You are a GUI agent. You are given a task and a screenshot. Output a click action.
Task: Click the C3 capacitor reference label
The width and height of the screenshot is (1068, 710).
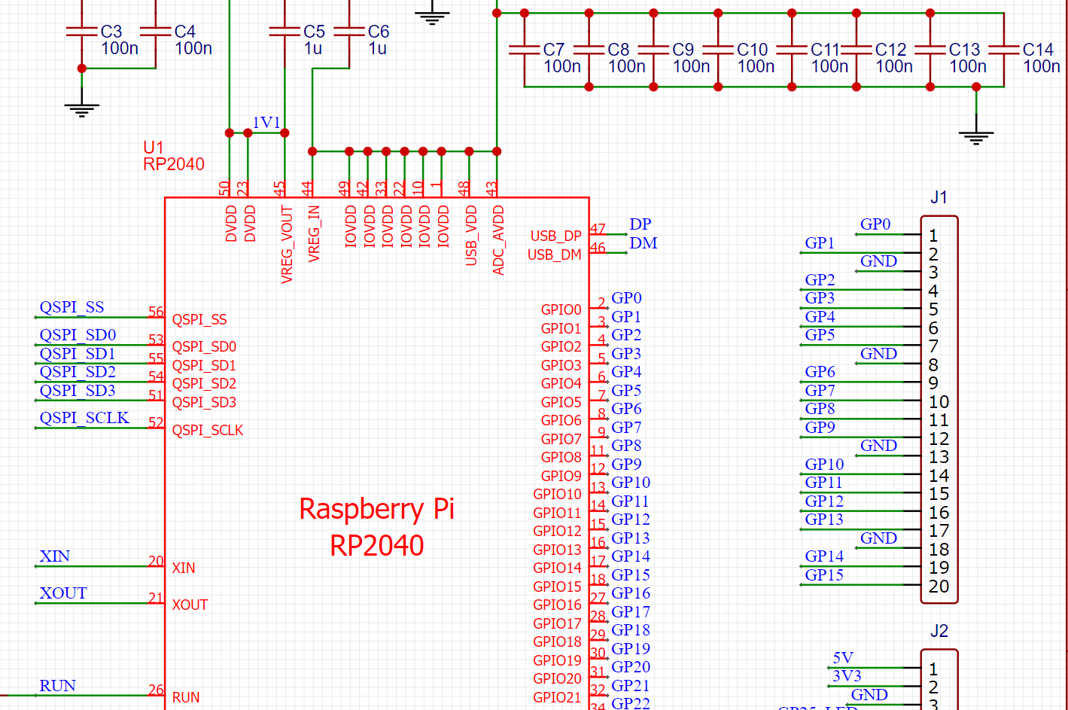tap(111, 32)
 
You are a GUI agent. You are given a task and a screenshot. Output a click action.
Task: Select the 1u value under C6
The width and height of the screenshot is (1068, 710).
tap(377, 49)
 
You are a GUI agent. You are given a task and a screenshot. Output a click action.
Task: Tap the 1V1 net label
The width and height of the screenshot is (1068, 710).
tap(266, 122)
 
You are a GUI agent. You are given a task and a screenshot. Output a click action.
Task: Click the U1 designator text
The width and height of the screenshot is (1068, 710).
tap(154, 148)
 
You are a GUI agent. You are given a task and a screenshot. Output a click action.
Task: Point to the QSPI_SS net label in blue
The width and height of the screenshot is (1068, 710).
tap(72, 307)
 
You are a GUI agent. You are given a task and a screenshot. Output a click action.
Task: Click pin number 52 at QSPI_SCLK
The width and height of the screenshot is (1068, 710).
tap(156, 422)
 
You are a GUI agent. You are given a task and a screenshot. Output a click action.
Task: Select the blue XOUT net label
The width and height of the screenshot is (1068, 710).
tap(63, 593)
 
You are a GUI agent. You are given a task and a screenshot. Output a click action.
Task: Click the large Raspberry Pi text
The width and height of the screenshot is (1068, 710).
tap(376, 509)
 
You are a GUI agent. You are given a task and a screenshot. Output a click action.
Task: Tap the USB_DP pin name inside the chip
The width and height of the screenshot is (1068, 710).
tap(555, 236)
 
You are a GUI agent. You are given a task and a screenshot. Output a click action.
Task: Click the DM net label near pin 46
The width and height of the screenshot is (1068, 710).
tap(643, 243)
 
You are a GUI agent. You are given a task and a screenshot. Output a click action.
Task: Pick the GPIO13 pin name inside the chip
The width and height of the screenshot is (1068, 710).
tap(557, 550)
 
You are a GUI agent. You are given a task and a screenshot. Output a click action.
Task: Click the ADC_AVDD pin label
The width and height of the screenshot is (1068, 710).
tap(498, 239)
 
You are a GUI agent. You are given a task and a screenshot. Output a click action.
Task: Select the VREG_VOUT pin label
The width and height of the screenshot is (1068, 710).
tap(287, 244)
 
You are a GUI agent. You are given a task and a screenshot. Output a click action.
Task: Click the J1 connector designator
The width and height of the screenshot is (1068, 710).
tap(939, 198)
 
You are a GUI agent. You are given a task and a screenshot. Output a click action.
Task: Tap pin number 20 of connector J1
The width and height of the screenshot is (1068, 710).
tap(939, 586)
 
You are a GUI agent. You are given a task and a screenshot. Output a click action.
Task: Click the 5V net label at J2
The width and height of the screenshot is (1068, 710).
tap(842, 658)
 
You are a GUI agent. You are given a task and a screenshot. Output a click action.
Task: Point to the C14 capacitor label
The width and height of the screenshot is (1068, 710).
tap(1038, 50)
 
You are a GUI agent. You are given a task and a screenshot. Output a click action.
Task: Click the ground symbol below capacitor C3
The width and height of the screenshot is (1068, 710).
tap(82, 110)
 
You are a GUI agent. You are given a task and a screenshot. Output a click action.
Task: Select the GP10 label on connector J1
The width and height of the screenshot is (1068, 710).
tap(824, 465)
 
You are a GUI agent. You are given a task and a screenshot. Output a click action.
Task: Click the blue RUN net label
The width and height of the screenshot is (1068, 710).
tap(57, 686)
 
